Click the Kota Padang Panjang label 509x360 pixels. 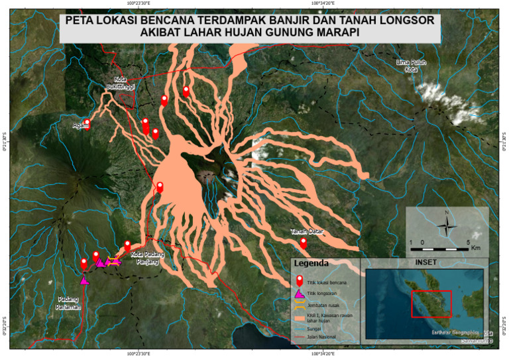pyautogui.click(x=145, y=258)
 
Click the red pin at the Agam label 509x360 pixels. pyautogui.click(x=87, y=123)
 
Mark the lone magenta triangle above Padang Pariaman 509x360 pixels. pyautogui.click(x=84, y=280)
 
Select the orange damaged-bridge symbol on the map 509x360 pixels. pyautogui.click(x=115, y=261)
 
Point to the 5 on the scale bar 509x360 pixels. pyautogui.click(x=469, y=242)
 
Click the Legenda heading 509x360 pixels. pyautogui.click(x=320, y=263)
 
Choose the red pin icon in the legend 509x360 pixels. pyautogui.click(x=300, y=281)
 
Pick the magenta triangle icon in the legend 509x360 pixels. pyautogui.click(x=300, y=294)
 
